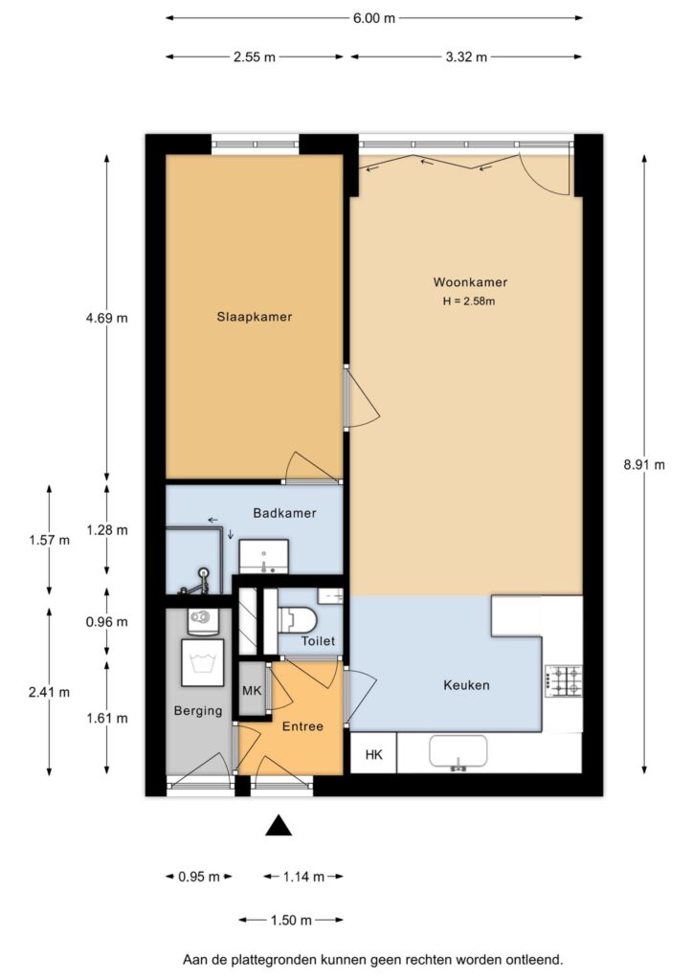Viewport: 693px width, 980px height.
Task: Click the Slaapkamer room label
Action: pyautogui.click(x=255, y=317)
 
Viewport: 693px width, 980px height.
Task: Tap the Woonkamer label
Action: pyautogui.click(x=470, y=282)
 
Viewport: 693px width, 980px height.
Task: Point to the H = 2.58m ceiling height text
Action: pyautogui.click(x=469, y=301)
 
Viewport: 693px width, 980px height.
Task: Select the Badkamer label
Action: pyautogui.click(x=284, y=513)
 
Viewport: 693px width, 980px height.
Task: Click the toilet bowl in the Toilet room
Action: pyautogui.click(x=298, y=619)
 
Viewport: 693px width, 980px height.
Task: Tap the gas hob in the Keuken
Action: pyautogui.click(x=564, y=681)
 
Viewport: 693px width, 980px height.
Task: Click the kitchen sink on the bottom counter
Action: pyautogui.click(x=458, y=752)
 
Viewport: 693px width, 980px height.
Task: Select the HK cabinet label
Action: pyautogui.click(x=373, y=755)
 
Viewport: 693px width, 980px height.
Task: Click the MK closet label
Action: pyautogui.click(x=252, y=691)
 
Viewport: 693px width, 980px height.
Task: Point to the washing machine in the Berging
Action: pyautogui.click(x=203, y=662)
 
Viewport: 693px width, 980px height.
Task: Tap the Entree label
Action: pyautogui.click(x=302, y=726)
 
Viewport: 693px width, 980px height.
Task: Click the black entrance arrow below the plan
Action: pyautogui.click(x=279, y=826)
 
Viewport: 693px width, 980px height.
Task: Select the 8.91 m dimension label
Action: pyautogui.click(x=644, y=464)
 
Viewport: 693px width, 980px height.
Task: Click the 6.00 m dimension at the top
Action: pyautogui.click(x=373, y=18)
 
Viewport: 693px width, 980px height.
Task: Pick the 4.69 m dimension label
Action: pyautogui.click(x=107, y=318)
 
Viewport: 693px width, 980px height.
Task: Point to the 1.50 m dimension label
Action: pyautogui.click(x=291, y=920)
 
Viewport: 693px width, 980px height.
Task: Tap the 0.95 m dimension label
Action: pyautogui.click(x=199, y=877)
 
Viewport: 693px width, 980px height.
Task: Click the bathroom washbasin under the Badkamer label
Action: pyautogui.click(x=263, y=556)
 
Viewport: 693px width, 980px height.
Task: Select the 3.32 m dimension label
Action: pyautogui.click(x=466, y=56)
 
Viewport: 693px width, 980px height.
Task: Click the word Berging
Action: pyautogui.click(x=198, y=711)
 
